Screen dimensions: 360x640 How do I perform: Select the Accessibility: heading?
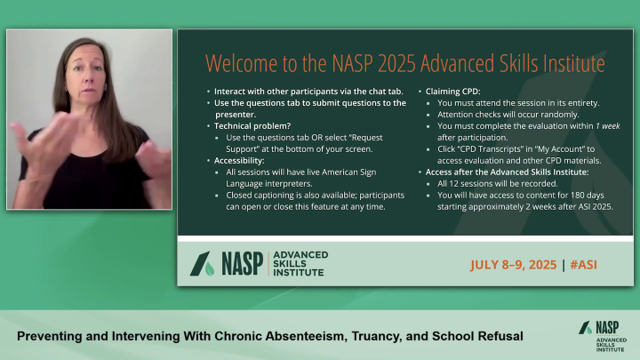[x=240, y=160]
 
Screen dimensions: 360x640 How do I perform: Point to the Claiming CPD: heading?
[x=457, y=91]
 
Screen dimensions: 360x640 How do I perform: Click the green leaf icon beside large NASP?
[x=210, y=264]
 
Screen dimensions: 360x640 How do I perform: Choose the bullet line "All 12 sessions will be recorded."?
[x=500, y=183]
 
